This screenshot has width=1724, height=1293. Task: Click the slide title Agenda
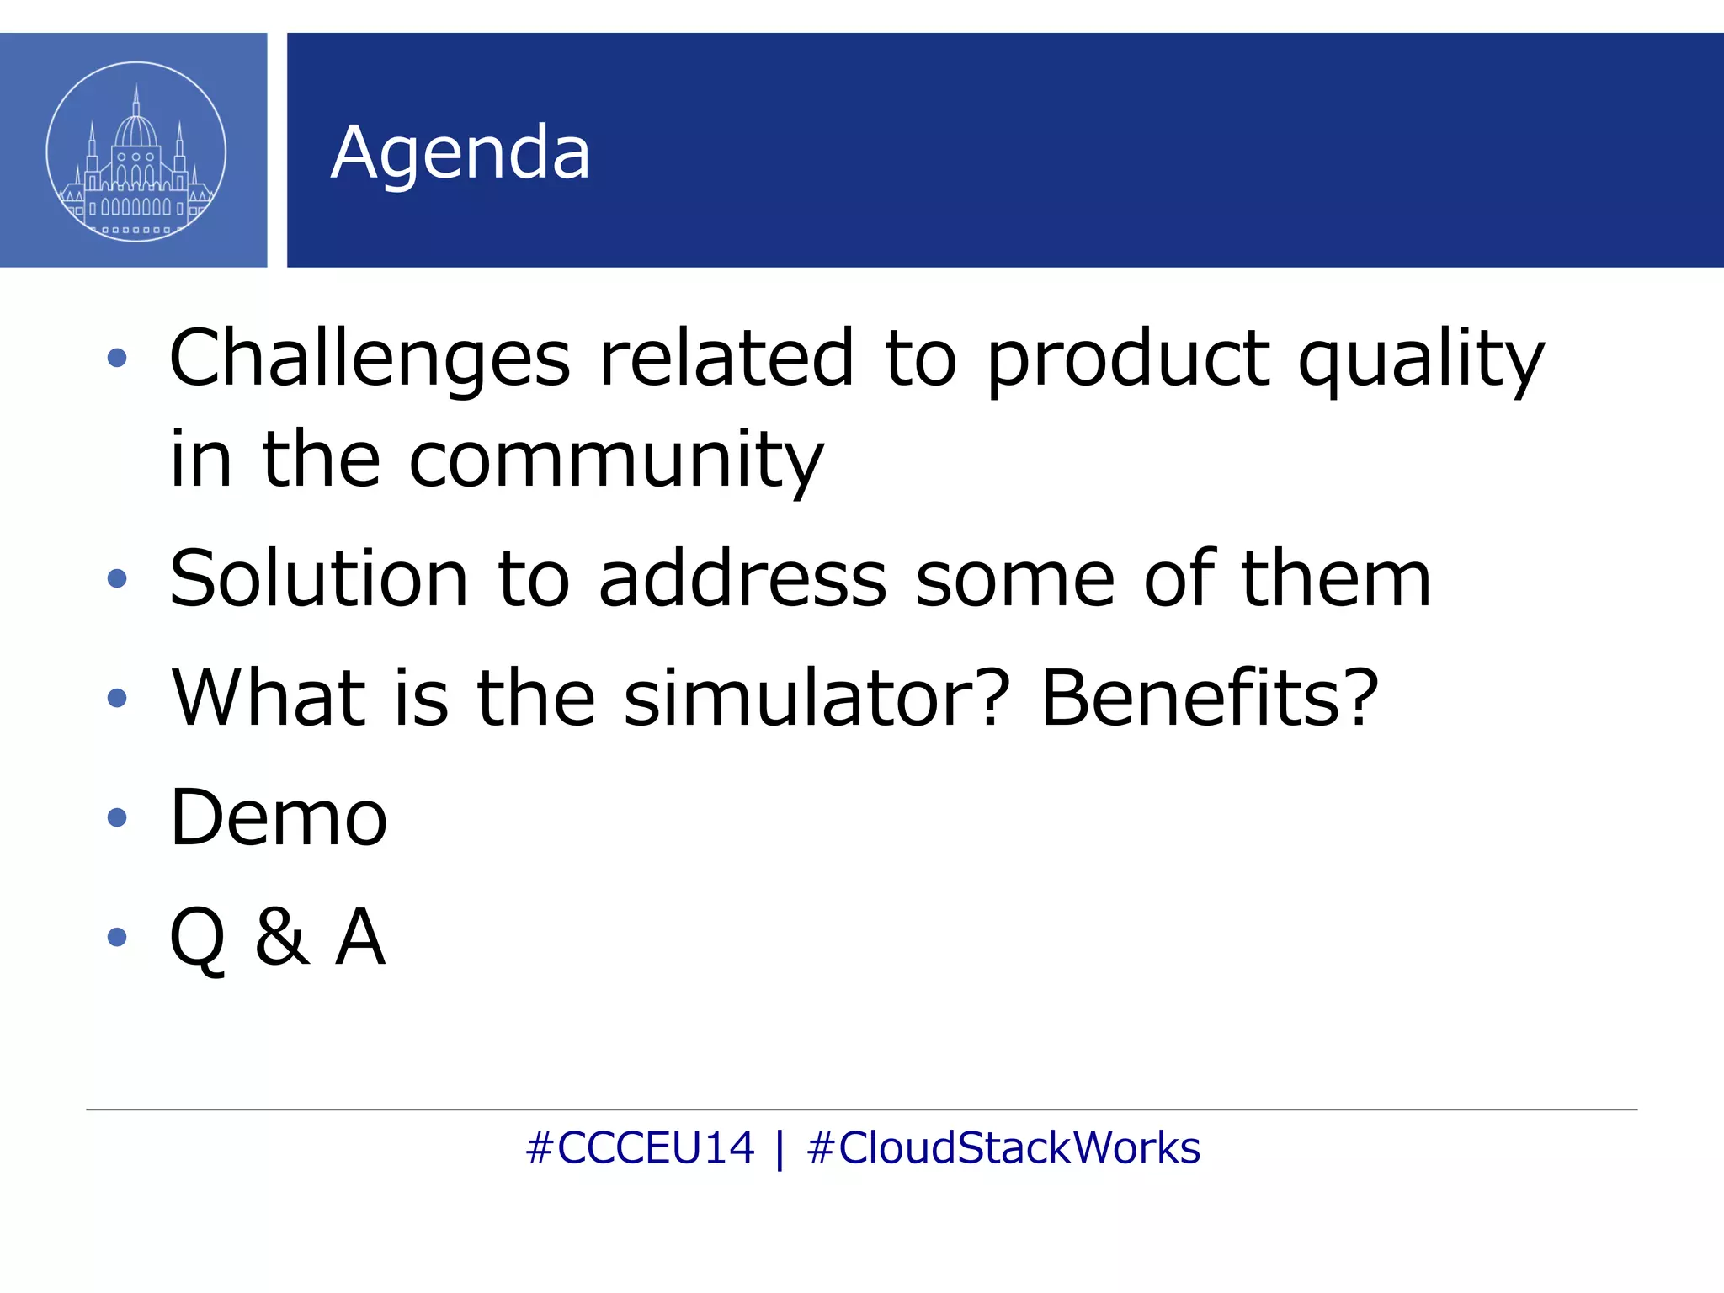point(460,153)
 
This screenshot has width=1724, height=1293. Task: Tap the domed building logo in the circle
point(136,152)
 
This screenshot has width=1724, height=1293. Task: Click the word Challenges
point(370,359)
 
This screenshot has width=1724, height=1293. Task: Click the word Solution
point(318,578)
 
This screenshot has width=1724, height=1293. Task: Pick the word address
point(742,578)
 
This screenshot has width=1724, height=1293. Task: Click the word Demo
point(279,817)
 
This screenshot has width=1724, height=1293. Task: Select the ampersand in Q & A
point(281,937)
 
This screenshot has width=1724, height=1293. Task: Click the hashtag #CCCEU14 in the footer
point(640,1148)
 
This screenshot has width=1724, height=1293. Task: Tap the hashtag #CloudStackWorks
point(1003,1148)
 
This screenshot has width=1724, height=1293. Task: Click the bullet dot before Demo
point(117,817)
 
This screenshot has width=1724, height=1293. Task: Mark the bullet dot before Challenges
point(117,359)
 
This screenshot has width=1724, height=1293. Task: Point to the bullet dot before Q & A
point(117,937)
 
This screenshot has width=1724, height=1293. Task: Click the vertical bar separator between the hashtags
point(780,1150)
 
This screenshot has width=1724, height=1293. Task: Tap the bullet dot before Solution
point(117,578)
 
